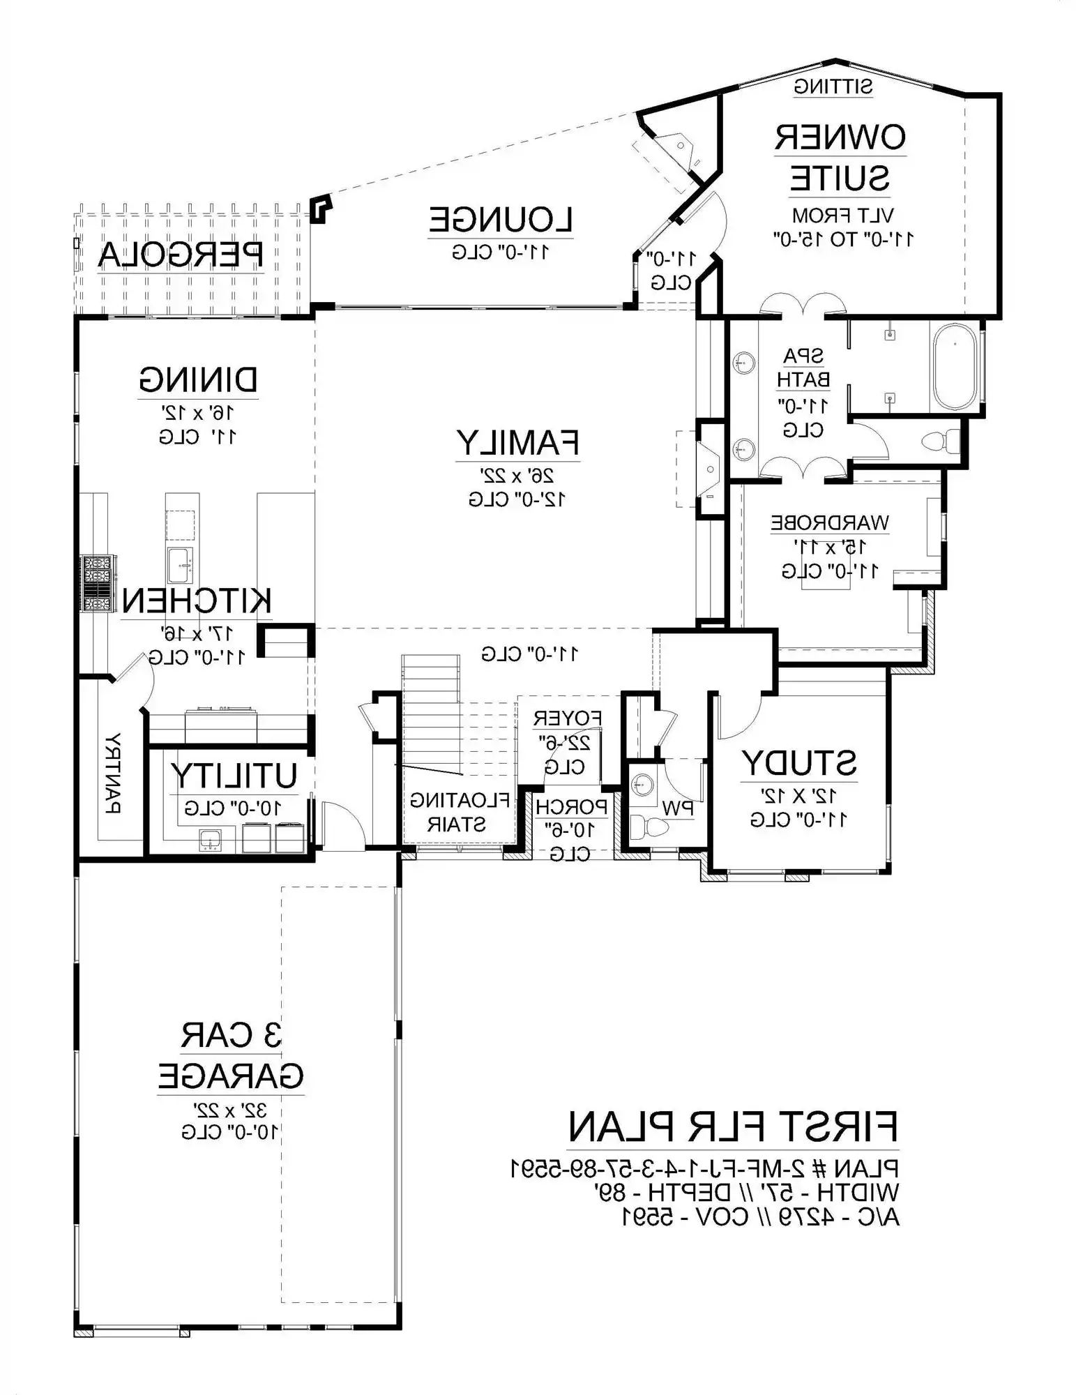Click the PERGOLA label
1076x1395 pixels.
pyautogui.click(x=181, y=255)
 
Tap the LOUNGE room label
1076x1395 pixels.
pyautogui.click(x=501, y=220)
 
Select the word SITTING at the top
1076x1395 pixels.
pyautogui.click(x=833, y=87)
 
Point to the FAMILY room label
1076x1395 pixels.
pyautogui.click(x=517, y=442)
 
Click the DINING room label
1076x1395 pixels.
pyautogui.click(x=198, y=380)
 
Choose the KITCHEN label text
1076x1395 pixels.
pyautogui.click(x=197, y=601)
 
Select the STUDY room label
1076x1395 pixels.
pyautogui.click(x=798, y=763)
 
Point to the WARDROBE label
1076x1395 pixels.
pyautogui.click(x=830, y=522)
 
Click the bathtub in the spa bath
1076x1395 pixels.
pyautogui.click(x=955, y=367)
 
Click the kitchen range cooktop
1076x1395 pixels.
pyautogui.click(x=98, y=583)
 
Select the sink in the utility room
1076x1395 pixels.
pyautogui.click(x=210, y=840)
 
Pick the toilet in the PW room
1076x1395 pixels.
pyautogui.click(x=649, y=828)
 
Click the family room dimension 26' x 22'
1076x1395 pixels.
pyautogui.click(x=517, y=476)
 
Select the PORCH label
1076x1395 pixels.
pyautogui.click(x=571, y=807)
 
